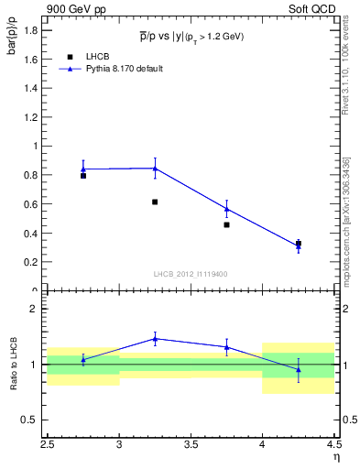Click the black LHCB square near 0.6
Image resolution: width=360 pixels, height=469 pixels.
[x=155, y=202]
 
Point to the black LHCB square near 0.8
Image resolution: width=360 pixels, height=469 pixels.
[x=83, y=175]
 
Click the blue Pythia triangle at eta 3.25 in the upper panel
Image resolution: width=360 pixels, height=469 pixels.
[x=155, y=169]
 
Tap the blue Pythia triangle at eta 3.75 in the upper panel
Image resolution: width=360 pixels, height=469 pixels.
[x=226, y=209]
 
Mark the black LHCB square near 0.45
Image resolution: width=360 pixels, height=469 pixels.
[x=226, y=224]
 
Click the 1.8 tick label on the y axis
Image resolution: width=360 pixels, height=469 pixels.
[x=30, y=30]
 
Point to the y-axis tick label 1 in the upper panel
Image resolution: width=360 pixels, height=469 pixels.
[x=35, y=146]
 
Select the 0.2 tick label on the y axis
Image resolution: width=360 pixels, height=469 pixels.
[x=30, y=262]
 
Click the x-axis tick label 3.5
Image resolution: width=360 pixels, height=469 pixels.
[x=191, y=446]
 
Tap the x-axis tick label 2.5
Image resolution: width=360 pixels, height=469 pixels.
[x=48, y=446]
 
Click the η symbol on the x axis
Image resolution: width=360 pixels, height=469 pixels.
[x=336, y=456]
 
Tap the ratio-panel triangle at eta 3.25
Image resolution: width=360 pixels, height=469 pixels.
[x=155, y=339]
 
